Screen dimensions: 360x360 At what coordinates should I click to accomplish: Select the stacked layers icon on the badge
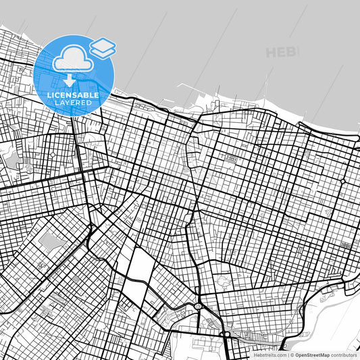coord(103,47)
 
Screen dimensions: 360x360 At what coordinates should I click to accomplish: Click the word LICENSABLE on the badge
coord(74,95)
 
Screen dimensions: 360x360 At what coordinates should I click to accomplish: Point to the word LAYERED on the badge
coord(74,103)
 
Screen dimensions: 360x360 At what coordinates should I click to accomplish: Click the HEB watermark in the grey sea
coord(280,52)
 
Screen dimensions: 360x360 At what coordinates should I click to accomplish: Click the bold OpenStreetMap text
coord(311,355)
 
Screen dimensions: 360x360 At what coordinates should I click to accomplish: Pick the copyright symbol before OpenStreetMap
coord(292,355)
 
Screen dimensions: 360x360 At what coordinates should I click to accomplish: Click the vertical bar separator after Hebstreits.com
coord(288,355)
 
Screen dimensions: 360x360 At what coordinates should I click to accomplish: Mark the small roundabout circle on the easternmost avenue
coord(342,182)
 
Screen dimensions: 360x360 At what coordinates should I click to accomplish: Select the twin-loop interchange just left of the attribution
coord(226,334)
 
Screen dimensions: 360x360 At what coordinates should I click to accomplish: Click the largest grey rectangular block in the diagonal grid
coord(48,241)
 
